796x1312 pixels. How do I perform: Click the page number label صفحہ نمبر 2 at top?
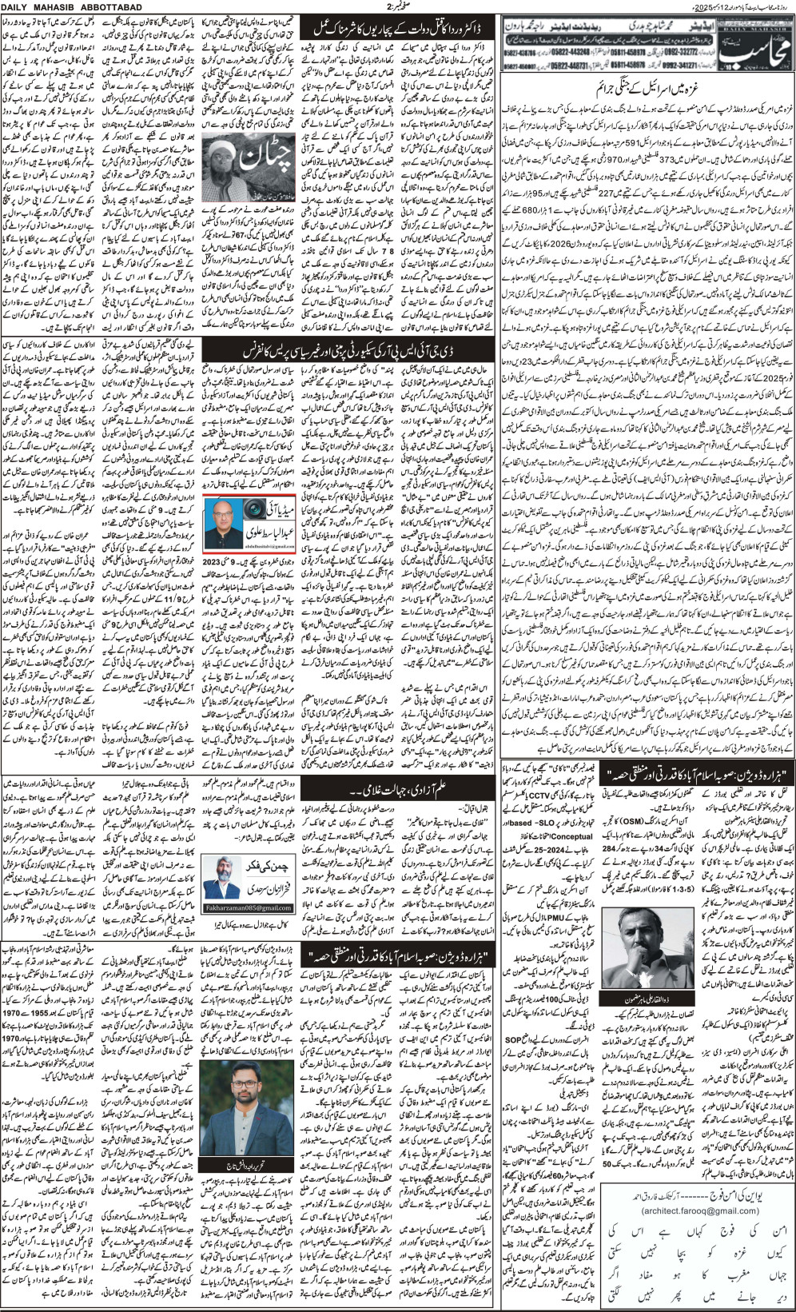pos(397,7)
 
